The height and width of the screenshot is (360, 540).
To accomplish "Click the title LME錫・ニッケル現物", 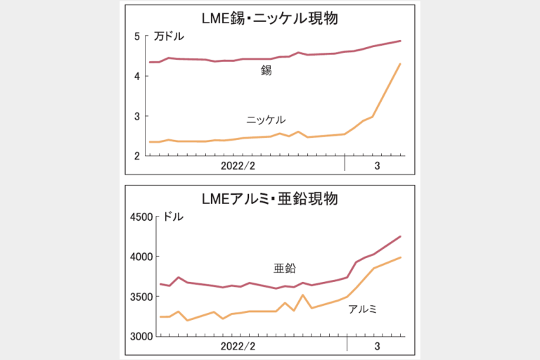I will coord(270,19).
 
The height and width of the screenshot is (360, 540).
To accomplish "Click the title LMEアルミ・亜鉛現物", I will coord(270,199).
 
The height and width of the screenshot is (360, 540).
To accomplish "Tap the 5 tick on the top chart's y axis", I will coord(136,36).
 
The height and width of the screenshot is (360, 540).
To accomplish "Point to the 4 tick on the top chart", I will coord(136,76).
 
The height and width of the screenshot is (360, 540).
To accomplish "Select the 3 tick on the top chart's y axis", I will coord(136,116).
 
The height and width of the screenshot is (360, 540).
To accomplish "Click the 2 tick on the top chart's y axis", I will coord(136,156).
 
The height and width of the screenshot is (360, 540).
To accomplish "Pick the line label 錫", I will coord(266,71).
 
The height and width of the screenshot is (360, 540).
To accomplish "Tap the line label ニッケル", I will coord(266,120).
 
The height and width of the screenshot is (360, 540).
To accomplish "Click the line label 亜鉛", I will coord(285,268).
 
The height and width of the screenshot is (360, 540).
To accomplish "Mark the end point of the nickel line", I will coord(400,64).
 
